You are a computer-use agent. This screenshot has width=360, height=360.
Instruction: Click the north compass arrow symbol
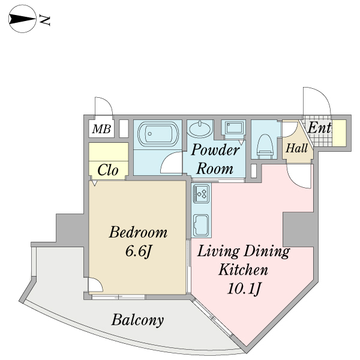point(22,19)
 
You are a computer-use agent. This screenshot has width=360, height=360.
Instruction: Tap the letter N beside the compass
point(44,20)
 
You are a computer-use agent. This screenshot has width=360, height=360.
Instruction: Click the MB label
point(101,129)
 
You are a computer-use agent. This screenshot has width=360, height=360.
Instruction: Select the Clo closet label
point(108,170)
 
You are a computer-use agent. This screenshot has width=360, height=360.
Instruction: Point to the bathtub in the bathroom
point(158,134)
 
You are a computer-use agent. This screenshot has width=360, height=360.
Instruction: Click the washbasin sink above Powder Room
point(200,128)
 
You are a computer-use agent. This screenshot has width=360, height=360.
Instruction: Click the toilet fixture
point(265,146)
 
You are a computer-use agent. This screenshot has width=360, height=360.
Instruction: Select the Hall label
point(296,148)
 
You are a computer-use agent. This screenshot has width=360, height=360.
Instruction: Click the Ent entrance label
point(319,128)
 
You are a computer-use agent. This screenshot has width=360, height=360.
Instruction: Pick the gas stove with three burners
point(201,194)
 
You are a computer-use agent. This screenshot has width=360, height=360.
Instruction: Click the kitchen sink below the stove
point(201,226)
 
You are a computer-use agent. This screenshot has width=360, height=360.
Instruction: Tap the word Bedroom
point(138,232)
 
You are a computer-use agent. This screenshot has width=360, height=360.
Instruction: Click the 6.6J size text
point(139,251)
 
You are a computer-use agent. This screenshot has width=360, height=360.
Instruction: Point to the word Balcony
point(138,320)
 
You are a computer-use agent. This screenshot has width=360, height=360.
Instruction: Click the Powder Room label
point(215,159)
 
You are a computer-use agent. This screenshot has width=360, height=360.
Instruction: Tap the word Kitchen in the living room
point(244,269)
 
